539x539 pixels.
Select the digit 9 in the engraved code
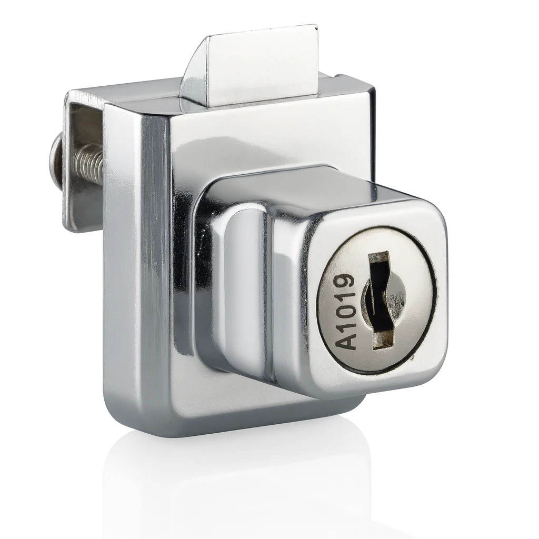point(344,281)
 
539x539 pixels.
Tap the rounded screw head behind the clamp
point(55,154)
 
